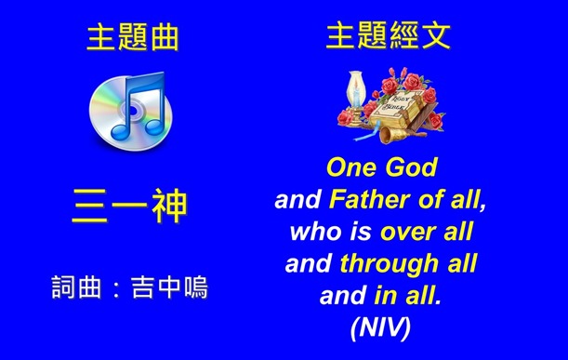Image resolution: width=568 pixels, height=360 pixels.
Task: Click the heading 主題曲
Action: click(x=131, y=38)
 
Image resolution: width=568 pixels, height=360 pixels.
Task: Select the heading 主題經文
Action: click(x=389, y=36)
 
